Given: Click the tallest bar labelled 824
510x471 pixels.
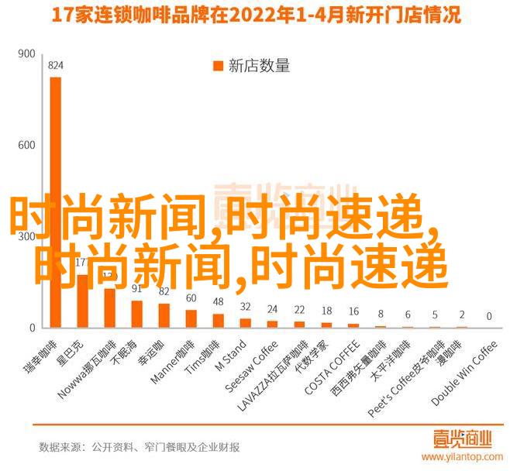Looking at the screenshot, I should (x=55, y=201).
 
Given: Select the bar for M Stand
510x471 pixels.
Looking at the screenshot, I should (x=246, y=322).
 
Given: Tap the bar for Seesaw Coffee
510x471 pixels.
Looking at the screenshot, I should (x=273, y=324).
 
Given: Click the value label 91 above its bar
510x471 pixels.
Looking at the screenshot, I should (x=136, y=290).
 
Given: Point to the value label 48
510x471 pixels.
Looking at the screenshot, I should (x=219, y=301).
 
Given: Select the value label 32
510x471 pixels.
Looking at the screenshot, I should (x=246, y=307).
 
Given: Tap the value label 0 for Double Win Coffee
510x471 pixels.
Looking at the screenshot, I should (x=489, y=316).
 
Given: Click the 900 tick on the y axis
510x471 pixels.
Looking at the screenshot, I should (x=26, y=53).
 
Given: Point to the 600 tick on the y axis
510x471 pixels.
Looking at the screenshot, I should (x=26, y=145).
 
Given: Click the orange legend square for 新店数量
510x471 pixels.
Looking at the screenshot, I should (x=216, y=66).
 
